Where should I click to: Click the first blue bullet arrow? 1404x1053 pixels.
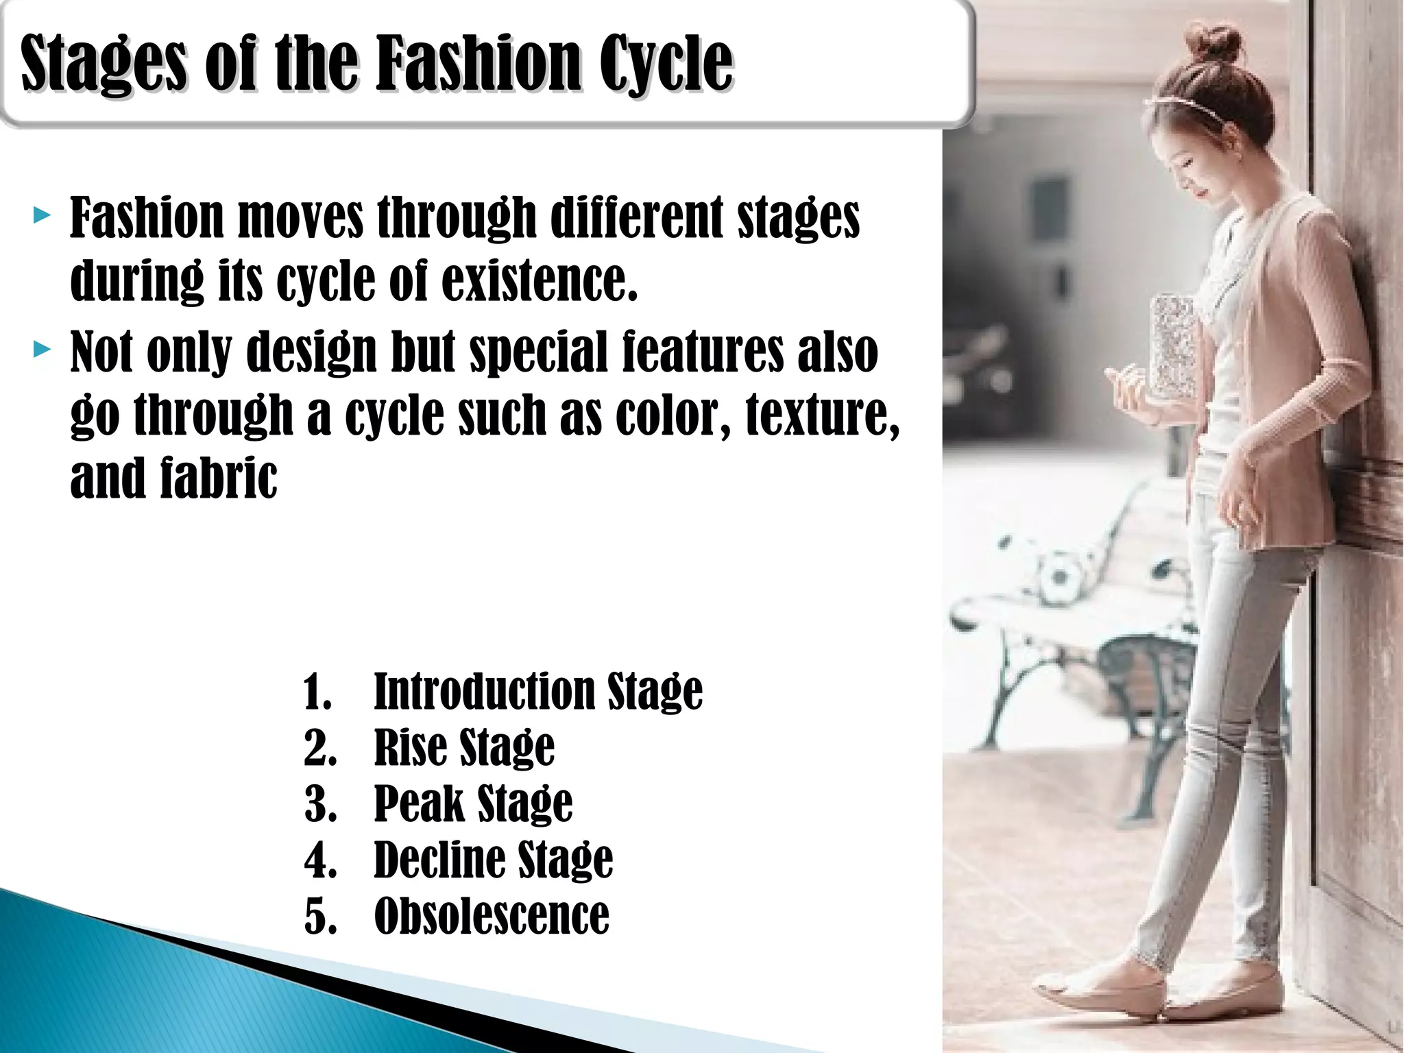[42, 217]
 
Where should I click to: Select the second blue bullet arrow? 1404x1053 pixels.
[42, 351]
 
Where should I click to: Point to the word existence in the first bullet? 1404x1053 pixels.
[540, 280]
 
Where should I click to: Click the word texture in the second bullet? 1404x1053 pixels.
[822, 413]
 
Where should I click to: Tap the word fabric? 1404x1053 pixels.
[219, 478]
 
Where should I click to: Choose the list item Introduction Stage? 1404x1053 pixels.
[538, 691]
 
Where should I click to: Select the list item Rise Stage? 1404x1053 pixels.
[464, 747]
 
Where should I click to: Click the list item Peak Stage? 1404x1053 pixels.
[473, 803]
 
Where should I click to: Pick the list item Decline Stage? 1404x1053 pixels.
[494, 860]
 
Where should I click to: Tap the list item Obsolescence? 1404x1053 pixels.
[492, 916]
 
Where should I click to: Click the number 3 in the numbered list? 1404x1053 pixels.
[319, 803]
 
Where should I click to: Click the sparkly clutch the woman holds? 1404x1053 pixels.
[1174, 346]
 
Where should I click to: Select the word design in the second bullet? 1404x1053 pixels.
[312, 351]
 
